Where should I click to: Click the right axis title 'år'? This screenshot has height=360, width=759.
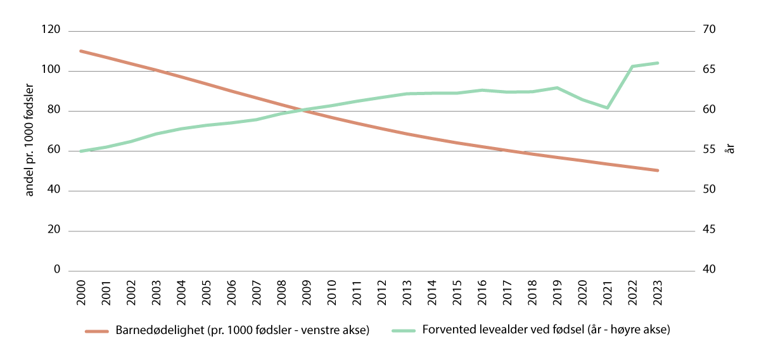[x=730, y=150]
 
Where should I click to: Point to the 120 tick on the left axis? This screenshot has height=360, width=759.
[x=51, y=30]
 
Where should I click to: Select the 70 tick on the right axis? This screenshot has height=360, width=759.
[x=708, y=30]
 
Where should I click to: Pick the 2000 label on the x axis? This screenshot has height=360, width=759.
[x=81, y=290]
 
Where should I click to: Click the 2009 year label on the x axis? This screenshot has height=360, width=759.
[x=307, y=290]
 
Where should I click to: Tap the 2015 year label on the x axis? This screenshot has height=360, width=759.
[x=457, y=290]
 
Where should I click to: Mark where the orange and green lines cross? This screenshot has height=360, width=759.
[x=304, y=110]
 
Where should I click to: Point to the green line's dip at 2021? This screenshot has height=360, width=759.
[x=608, y=108]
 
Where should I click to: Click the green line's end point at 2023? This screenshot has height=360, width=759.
[x=658, y=63]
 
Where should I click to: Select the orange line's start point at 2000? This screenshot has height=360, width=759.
[x=81, y=51]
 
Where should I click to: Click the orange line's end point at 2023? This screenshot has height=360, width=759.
[x=658, y=170]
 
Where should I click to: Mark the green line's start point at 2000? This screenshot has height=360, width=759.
[x=81, y=151]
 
